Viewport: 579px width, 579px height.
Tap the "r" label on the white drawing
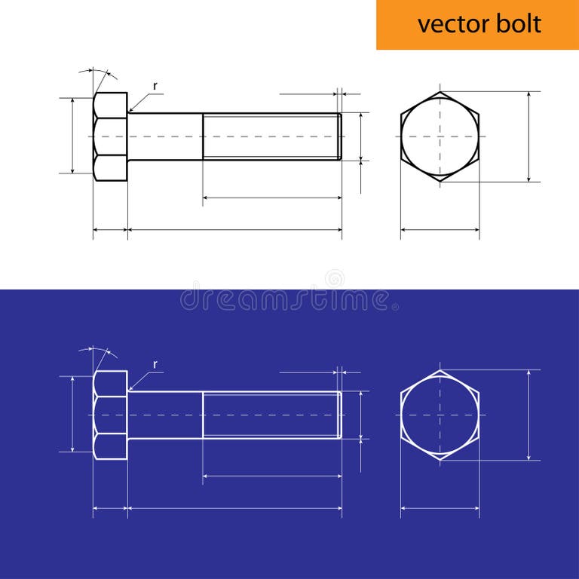(x=155, y=86)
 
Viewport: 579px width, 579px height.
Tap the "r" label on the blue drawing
(x=155, y=364)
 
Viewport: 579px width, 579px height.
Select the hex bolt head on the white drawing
(x=110, y=136)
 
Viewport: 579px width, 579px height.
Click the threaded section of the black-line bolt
(x=271, y=136)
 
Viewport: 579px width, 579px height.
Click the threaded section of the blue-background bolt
(x=271, y=415)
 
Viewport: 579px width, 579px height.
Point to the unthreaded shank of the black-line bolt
(x=165, y=136)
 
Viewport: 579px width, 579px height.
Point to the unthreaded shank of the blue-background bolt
(x=165, y=415)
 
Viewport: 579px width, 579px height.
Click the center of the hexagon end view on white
(x=440, y=136)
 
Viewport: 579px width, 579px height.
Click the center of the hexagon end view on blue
(x=440, y=415)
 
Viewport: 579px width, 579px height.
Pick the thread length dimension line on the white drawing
(x=272, y=198)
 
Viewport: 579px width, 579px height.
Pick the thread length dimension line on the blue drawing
(x=272, y=476)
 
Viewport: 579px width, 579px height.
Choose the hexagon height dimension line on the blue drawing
(x=529, y=415)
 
